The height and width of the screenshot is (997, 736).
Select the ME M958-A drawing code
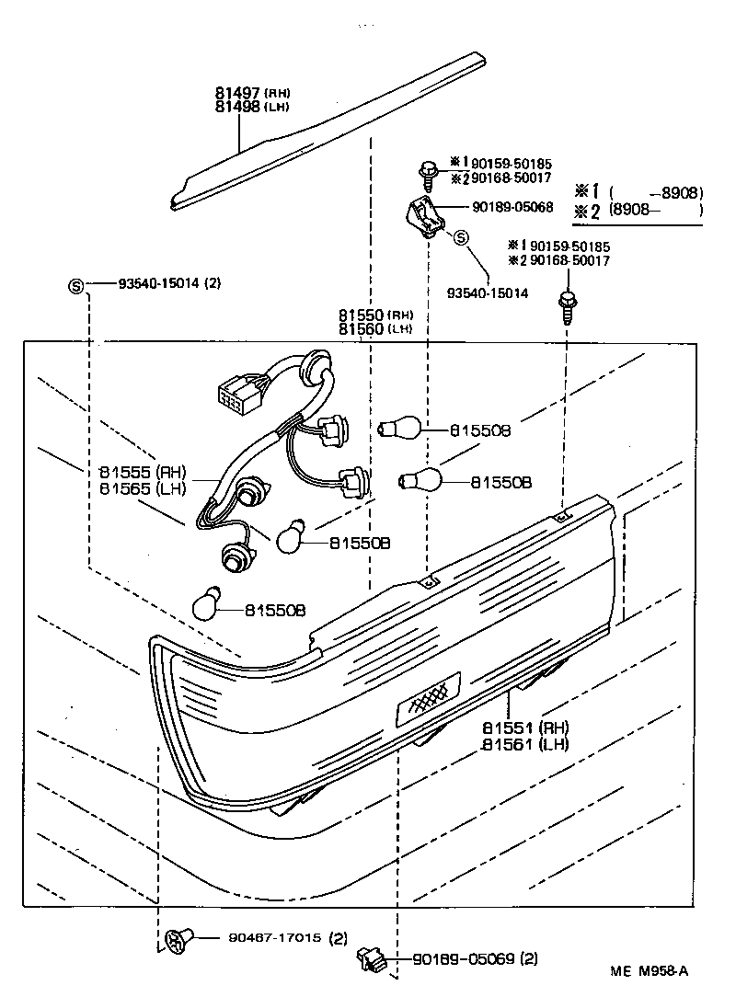pos(649,970)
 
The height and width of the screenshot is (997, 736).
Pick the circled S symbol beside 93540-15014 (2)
pos(76,284)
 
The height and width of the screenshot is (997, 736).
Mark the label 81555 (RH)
pos(142,471)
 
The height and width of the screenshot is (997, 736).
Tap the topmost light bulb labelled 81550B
pos(401,428)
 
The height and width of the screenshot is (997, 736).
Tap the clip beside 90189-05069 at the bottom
pos(370,960)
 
